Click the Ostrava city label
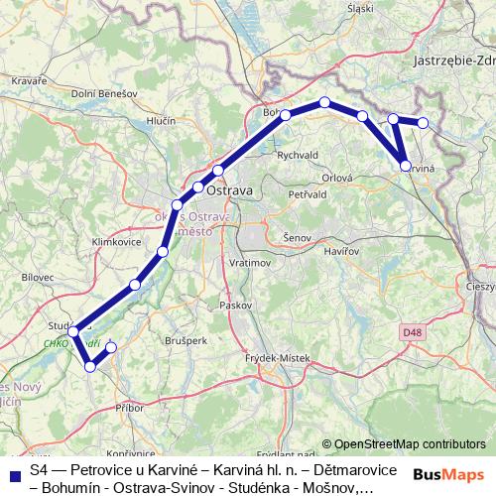point(234,188)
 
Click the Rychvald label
point(298,155)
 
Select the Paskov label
point(237,305)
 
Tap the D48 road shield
point(413,333)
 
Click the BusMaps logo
point(448,474)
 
